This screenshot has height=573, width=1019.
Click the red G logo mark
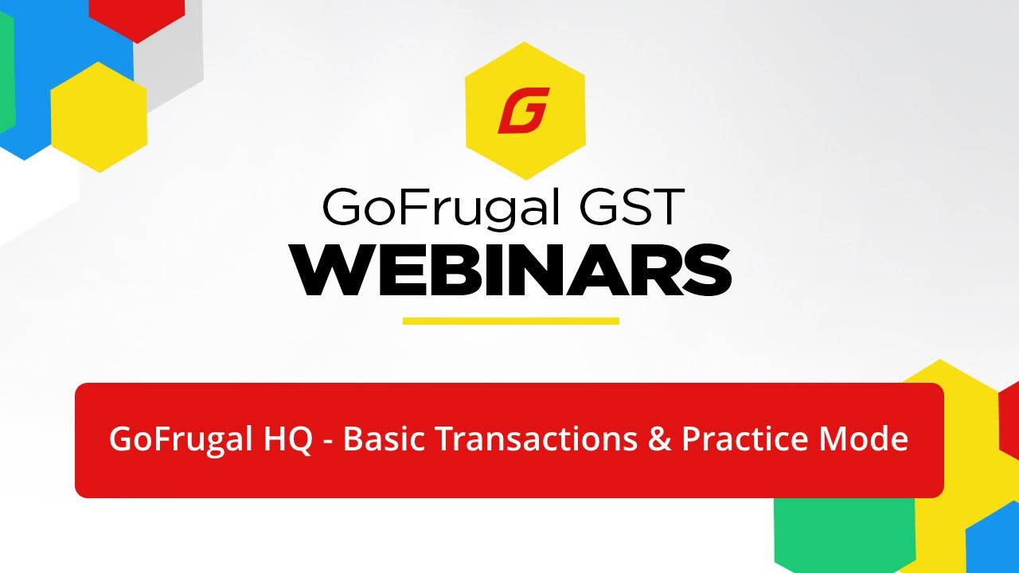524,111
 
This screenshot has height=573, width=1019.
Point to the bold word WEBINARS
510,271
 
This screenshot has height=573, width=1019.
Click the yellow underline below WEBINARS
510,321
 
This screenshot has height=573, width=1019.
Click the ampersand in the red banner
659,439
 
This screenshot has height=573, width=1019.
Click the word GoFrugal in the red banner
178,439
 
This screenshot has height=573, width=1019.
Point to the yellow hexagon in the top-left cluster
99,116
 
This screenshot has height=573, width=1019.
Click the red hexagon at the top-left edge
137,16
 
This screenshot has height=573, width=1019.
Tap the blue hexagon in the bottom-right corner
995,541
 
